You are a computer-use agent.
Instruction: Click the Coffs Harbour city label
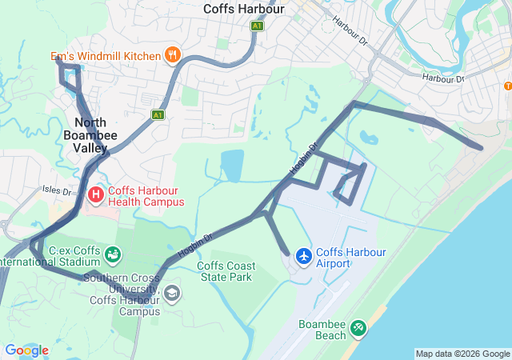pyautogui.click(x=244, y=9)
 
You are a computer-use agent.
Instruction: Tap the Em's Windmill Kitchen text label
pyautogui.click(x=106, y=56)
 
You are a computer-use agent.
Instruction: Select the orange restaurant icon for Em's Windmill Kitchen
pyautogui.click(x=173, y=55)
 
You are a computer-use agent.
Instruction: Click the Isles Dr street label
pyautogui.click(x=58, y=190)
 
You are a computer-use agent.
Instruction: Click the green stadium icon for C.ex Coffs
pyautogui.click(x=114, y=254)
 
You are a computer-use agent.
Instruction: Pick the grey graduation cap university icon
pyautogui.click(x=172, y=294)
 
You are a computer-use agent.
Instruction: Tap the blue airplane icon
pyautogui.click(x=303, y=256)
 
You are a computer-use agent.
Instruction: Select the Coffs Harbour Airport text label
pyautogui.click(x=350, y=258)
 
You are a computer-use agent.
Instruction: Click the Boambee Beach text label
pyautogui.click(x=322, y=330)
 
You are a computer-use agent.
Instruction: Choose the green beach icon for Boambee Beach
pyautogui.click(x=358, y=327)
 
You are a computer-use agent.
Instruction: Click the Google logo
pyautogui.click(x=26, y=350)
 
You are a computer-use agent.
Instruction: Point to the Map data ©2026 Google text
pyautogui.click(x=462, y=354)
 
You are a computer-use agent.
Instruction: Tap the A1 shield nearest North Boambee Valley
pyautogui.click(x=158, y=115)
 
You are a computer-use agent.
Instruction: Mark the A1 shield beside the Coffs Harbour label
pyautogui.click(x=257, y=26)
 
